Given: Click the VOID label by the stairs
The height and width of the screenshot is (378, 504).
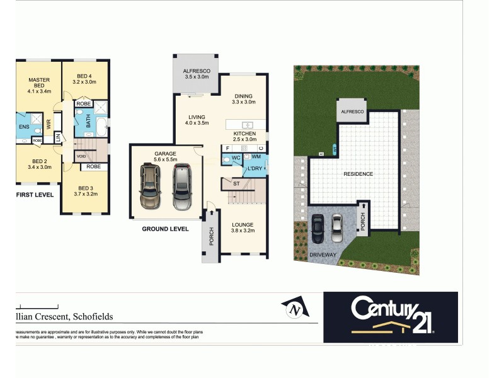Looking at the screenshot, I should click(81, 156).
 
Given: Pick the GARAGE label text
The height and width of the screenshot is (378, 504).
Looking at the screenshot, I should click(165, 153).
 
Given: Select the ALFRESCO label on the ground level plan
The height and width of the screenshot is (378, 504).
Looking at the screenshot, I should click(197, 71).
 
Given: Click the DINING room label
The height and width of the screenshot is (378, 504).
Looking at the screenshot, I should click(244, 96).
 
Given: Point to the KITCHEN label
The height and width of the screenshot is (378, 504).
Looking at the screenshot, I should click(244, 134).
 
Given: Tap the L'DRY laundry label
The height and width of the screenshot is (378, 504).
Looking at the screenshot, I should click(255, 169).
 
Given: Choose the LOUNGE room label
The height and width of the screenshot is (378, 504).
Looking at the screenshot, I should click(243, 224).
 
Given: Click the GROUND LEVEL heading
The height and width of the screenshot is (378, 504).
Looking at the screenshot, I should click(165, 229).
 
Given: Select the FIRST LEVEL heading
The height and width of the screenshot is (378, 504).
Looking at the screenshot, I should click(35, 195).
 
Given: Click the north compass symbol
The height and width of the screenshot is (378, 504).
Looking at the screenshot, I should click(294, 308).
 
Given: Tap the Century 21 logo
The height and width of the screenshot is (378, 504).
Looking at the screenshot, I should click(390, 313).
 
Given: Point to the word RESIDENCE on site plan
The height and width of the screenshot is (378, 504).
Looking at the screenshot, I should click(358, 174).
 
